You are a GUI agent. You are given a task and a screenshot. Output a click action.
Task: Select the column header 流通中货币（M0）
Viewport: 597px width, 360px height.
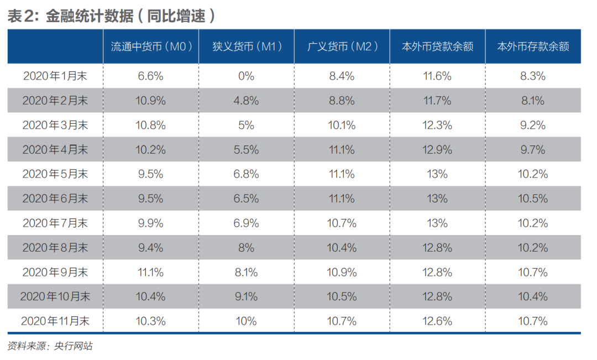tap(150, 46)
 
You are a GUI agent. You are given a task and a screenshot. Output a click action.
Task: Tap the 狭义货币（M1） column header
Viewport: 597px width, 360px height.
tap(246, 46)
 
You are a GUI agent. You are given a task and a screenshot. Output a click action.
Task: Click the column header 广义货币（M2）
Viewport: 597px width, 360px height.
tap(342, 46)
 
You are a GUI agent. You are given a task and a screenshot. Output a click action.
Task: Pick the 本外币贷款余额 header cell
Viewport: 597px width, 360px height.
tap(437, 46)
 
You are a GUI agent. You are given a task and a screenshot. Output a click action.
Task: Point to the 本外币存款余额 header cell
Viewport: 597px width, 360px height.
tap(533, 46)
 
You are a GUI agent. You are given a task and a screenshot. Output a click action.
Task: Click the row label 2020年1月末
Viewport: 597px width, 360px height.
tap(55, 76)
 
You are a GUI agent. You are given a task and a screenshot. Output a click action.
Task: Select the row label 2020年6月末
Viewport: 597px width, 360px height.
tap(55, 199)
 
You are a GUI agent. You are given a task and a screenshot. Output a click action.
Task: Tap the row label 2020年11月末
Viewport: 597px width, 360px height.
tap(55, 321)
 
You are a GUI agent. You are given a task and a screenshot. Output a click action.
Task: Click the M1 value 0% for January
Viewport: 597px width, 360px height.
tap(246, 76)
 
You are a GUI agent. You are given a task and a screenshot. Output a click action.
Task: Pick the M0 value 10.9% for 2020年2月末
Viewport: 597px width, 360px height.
tap(150, 101)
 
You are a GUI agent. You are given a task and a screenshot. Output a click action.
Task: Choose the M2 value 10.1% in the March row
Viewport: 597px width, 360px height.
tap(342, 126)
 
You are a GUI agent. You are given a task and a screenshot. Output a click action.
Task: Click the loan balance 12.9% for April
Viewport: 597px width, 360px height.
tap(437, 150)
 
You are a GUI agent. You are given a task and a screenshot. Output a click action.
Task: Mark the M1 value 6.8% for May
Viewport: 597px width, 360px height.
tap(246, 174)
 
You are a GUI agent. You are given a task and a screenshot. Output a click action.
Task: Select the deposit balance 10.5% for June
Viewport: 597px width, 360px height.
tap(533, 199)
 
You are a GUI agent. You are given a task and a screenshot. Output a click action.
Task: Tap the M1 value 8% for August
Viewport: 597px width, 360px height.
tap(246, 248)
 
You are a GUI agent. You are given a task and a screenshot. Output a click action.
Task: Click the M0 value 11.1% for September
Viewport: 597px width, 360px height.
tap(150, 272)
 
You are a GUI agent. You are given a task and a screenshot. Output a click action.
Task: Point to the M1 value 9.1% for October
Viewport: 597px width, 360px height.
tap(246, 296)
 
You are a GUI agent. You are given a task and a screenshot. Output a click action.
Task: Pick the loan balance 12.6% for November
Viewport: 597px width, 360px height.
tap(437, 321)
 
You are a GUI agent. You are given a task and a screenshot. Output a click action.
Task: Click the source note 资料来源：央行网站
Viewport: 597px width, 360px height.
tap(50, 346)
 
